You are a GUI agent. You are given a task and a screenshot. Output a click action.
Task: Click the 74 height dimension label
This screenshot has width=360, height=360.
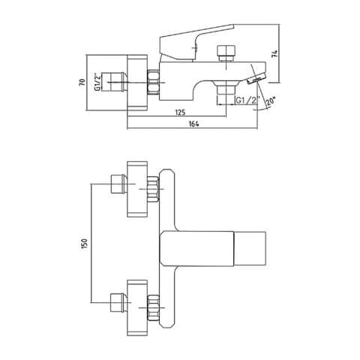coord(274,54)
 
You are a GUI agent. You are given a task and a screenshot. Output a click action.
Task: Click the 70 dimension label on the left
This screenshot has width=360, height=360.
coord(82,82)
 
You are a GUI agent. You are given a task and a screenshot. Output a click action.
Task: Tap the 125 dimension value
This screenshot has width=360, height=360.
coord(180,112)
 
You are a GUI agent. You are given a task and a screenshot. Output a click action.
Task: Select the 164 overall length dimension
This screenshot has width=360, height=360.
coord(194,124)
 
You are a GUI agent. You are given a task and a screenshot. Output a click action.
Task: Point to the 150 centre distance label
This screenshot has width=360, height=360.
coord(85,244)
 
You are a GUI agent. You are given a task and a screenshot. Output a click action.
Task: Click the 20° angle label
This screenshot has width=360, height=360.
coord(270,102)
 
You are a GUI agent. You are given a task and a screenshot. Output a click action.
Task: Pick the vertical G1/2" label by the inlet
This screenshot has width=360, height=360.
coord(97,82)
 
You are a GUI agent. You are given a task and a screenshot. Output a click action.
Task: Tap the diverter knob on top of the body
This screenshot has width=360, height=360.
coord(226,53)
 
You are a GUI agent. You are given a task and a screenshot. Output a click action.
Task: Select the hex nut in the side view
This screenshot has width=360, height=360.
coord(154,82)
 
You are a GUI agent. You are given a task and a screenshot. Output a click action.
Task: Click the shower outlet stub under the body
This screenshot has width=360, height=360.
coord(226,94)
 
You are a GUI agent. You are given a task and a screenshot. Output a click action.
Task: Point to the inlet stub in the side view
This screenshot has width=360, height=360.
coord(118,82)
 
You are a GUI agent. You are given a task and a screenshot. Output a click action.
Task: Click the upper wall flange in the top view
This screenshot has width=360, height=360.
coord(137,189)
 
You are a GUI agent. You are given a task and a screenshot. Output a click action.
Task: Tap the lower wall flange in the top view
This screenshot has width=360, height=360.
coord(137,308)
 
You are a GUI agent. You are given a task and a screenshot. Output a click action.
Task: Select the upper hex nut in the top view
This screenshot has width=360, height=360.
coord(153,189)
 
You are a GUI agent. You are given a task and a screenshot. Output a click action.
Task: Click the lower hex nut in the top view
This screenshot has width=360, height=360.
coord(153,307)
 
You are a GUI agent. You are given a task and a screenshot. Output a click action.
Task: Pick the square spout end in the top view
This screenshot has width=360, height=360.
coord(250,248)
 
